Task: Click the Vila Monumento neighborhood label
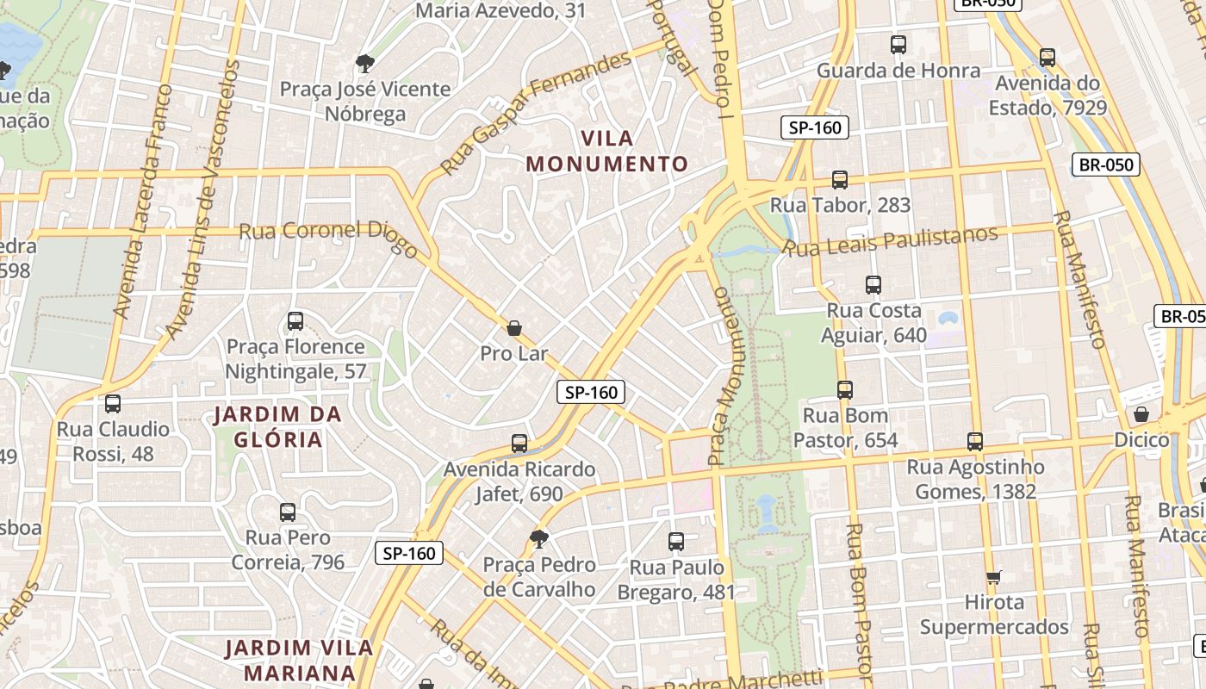pyautogui.click(x=607, y=151)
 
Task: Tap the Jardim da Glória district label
pyautogui.click(x=278, y=427)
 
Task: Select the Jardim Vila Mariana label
pyautogui.click(x=299, y=660)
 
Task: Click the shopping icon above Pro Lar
pyautogui.click(x=514, y=328)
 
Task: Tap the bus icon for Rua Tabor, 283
pyautogui.click(x=840, y=180)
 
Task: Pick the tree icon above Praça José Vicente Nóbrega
pyautogui.click(x=364, y=63)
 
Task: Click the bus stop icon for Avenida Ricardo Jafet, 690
pyautogui.click(x=519, y=444)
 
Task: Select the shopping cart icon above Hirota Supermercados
pyautogui.click(x=994, y=576)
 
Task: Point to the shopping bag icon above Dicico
pyautogui.click(x=1141, y=414)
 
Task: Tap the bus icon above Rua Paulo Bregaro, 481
pyautogui.click(x=676, y=542)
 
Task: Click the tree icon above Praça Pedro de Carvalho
pyautogui.click(x=539, y=539)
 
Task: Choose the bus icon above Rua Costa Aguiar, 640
pyautogui.click(x=873, y=285)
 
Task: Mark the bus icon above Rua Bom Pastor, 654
pyautogui.click(x=845, y=390)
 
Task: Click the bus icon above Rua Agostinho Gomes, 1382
pyautogui.click(x=975, y=442)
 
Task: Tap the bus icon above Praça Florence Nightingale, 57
pyautogui.click(x=295, y=321)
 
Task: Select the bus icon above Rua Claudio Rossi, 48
pyautogui.click(x=113, y=404)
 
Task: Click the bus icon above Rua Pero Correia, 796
pyautogui.click(x=288, y=512)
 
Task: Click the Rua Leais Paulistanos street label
pyautogui.click(x=892, y=241)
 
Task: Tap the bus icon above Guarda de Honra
pyautogui.click(x=898, y=45)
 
